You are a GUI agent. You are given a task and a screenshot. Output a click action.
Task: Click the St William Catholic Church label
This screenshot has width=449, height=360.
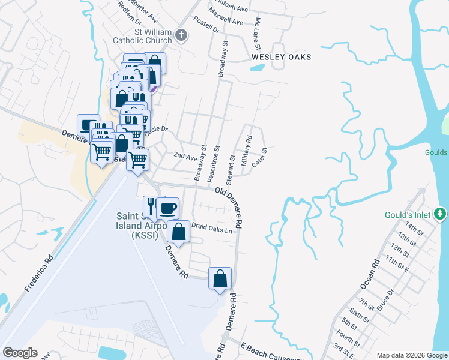pyautogui.click(x=142, y=36)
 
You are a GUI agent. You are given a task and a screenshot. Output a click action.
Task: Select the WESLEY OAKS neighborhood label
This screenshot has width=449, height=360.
pyautogui.click(x=281, y=57)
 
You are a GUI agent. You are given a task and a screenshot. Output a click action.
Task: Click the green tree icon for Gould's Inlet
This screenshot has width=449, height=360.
pyautogui.click(x=440, y=214)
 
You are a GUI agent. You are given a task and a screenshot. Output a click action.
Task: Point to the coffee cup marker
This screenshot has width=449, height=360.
pyautogui.click(x=168, y=209)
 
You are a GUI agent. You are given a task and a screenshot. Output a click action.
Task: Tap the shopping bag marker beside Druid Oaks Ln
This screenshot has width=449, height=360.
pyautogui.click(x=179, y=232)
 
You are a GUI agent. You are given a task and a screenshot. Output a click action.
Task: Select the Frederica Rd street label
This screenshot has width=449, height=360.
pyautogui.click(x=39, y=274)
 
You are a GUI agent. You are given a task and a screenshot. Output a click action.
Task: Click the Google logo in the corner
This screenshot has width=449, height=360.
pyautogui.click(x=20, y=353)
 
